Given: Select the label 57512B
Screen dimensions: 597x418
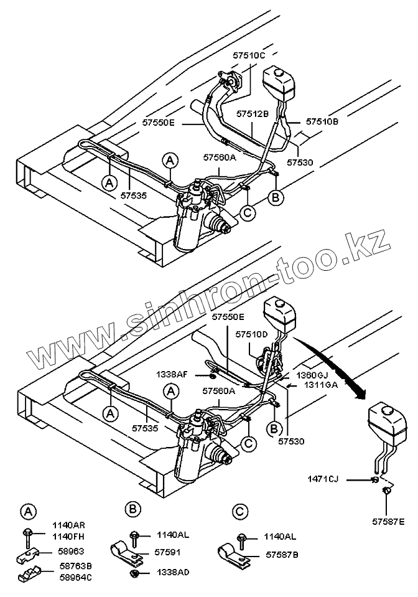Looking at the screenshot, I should pyautogui.click(x=252, y=114).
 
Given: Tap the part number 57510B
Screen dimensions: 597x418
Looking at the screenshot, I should pyautogui.click(x=323, y=123).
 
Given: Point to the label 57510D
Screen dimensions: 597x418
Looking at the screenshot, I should pyautogui.click(x=251, y=334).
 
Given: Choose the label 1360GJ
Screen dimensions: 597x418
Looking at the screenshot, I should pyautogui.click(x=311, y=376).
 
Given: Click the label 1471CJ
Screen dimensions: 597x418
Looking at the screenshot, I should pyautogui.click(x=324, y=479).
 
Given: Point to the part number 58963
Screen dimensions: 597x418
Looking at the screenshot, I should pyautogui.click(x=70, y=551).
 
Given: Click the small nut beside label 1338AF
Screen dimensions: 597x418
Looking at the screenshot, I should pyautogui.click(x=211, y=375).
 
